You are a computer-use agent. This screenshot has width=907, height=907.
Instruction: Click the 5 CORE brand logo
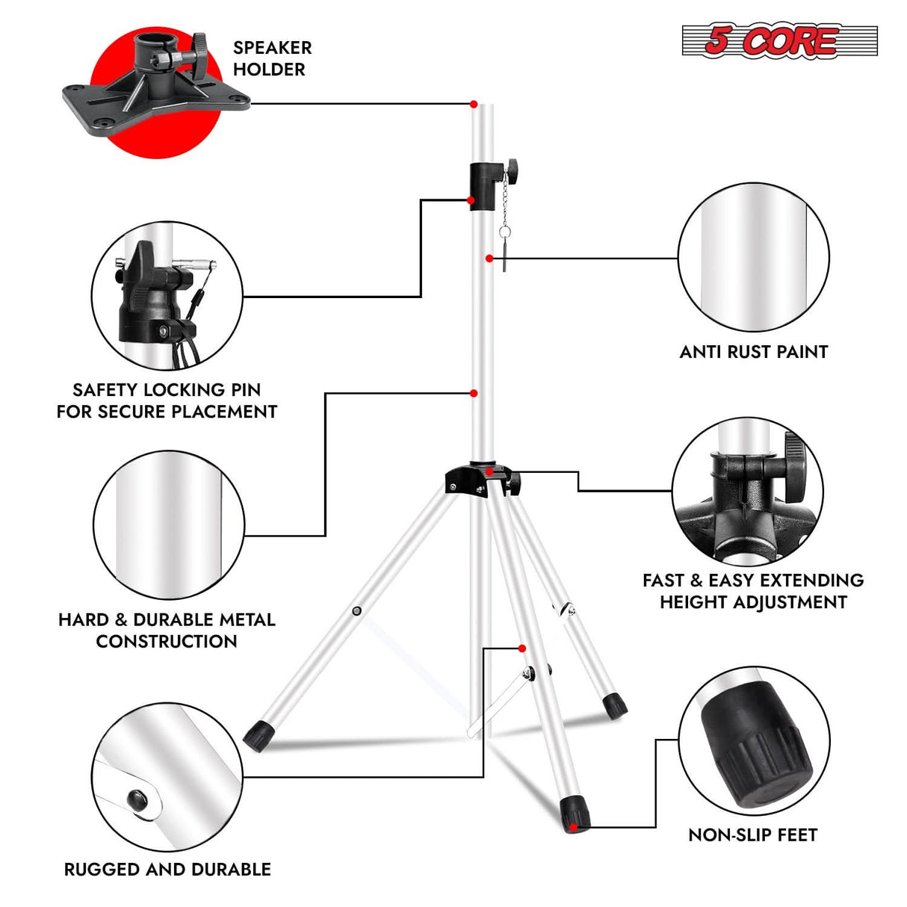778,40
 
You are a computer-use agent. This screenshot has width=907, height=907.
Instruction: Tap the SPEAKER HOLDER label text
272,58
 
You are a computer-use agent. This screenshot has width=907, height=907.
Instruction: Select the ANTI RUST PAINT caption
753,352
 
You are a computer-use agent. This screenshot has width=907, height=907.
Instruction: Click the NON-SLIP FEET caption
752,835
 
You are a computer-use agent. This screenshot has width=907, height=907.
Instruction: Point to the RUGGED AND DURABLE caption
167,869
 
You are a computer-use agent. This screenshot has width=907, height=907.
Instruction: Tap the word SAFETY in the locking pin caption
105,389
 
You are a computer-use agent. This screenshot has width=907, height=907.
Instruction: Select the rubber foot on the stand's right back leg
615,705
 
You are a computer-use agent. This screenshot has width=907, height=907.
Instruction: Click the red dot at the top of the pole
474,105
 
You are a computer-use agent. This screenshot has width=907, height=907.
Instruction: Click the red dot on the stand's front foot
572,827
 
